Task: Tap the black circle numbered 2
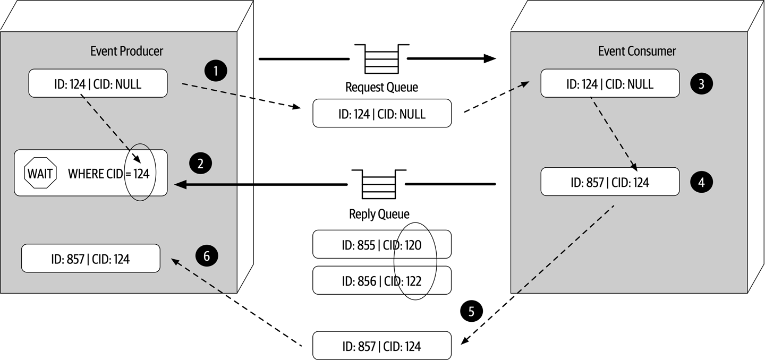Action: click(200, 164)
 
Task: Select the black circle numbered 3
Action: click(701, 83)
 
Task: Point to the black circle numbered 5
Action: click(472, 311)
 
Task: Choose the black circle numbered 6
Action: click(207, 256)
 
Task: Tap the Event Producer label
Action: click(126, 51)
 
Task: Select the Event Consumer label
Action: click(637, 51)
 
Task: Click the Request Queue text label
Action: click(381, 87)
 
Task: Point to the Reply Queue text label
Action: click(379, 214)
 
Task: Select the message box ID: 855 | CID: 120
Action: click(381, 245)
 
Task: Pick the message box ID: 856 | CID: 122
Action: click(381, 280)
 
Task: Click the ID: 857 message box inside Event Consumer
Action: click(610, 182)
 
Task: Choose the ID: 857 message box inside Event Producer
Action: click(90, 259)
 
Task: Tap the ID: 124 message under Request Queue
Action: click(381, 114)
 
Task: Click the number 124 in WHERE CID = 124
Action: click(141, 173)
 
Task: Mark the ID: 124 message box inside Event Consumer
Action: click(610, 84)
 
